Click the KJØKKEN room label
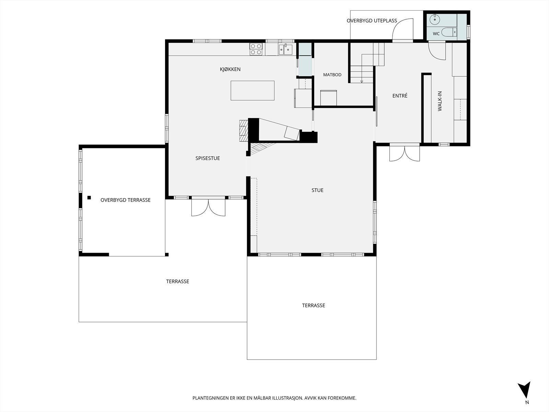[230, 69]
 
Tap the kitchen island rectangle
[252, 91]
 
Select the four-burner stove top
[256, 49]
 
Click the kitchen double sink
[285, 49]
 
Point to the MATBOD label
[332, 75]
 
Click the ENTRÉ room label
[400, 95]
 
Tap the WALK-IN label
[440, 101]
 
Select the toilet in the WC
[449, 32]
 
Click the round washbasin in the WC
[435, 19]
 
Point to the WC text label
[436, 34]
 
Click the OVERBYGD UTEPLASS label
[372, 21]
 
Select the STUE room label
[317, 190]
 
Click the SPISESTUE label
[208, 158]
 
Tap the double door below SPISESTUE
[208, 207]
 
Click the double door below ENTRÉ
[405, 153]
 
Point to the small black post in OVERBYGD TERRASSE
[89, 198]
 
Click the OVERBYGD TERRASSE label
[126, 200]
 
